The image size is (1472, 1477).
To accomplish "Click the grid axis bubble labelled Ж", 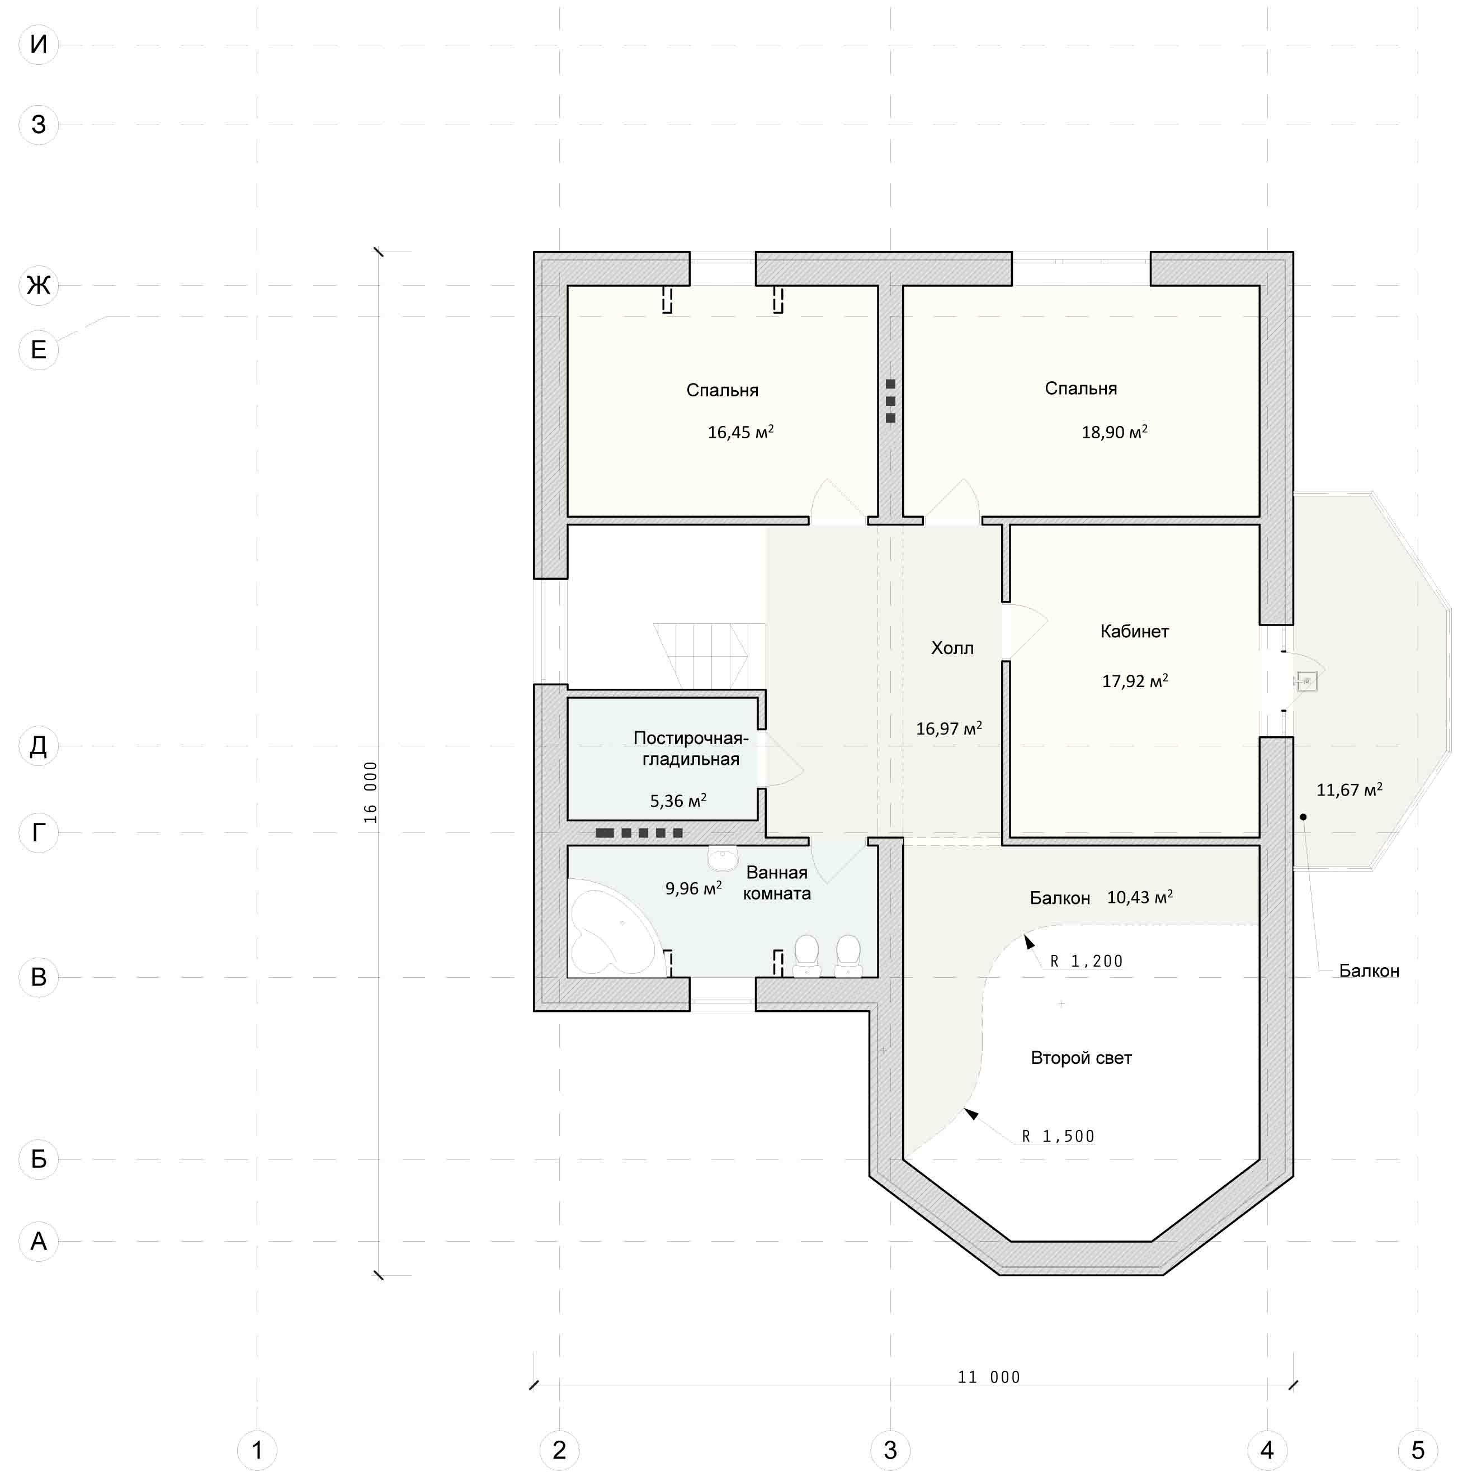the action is pos(38,285).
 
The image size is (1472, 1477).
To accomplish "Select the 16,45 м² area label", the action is pos(740,432).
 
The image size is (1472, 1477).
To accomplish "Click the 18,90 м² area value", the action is pos(1114,432).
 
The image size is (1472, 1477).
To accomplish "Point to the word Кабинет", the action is pos(1134,632).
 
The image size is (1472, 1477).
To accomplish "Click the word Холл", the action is pos(952,648).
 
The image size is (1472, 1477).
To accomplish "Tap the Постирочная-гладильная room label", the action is pos(691,749).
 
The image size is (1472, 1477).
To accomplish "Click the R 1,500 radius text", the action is pos(1058,1136).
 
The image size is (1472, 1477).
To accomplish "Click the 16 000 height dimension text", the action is pos(370,792).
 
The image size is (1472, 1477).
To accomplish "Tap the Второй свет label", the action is pos(1081,1058).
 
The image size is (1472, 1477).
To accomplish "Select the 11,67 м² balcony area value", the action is pos(1349,790).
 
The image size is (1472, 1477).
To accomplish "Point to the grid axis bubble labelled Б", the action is pos(38,1159).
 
